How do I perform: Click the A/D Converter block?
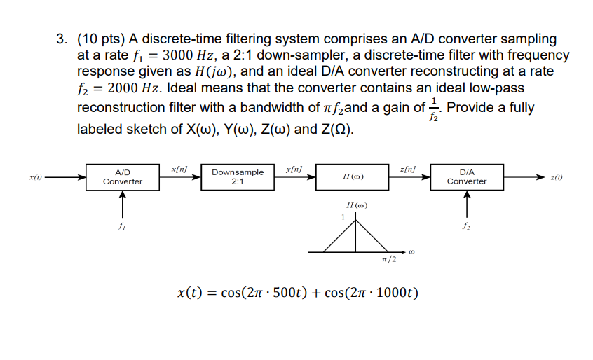pos(122,176)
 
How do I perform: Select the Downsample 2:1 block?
pos(238,176)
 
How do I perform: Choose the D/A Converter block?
pos(467,176)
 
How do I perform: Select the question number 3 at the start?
pos(62,39)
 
